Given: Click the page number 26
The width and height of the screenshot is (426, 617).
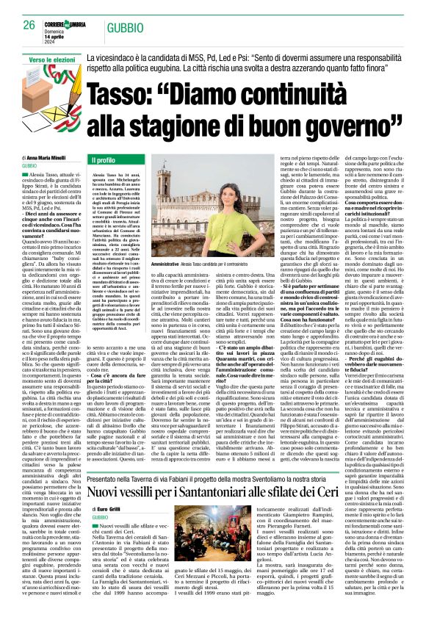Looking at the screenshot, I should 29,24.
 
